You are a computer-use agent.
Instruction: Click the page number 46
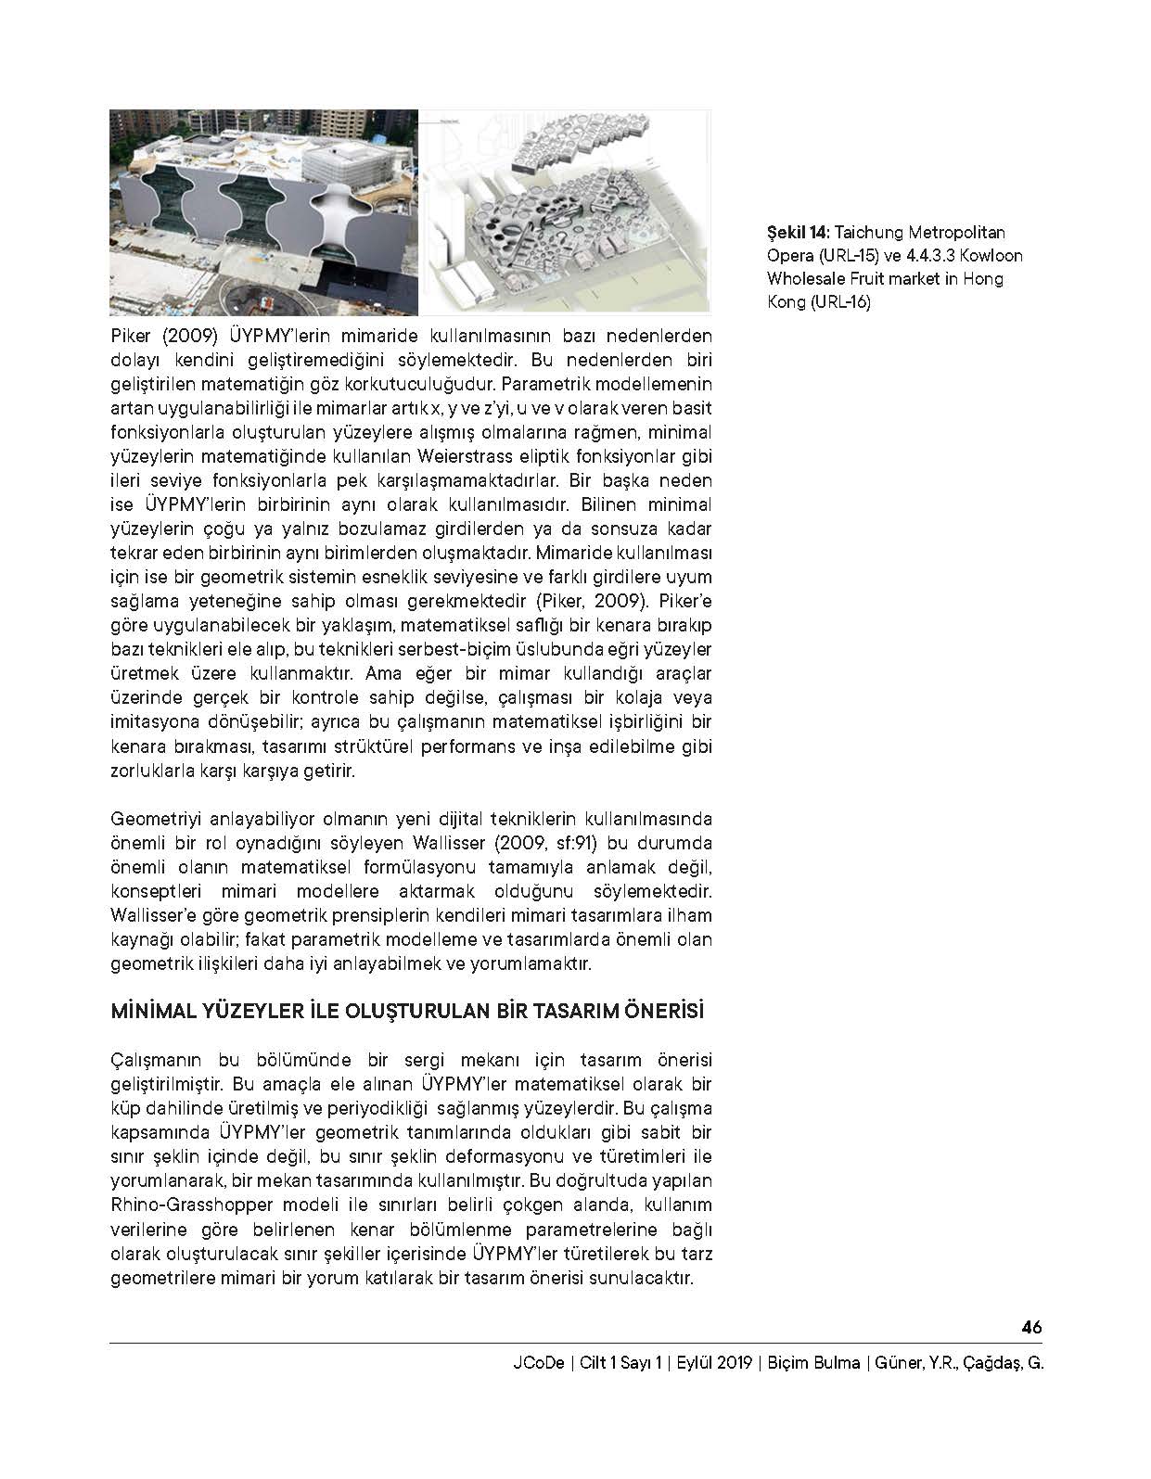tap(1031, 1327)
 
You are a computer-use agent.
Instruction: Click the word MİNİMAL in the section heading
tap(149, 1012)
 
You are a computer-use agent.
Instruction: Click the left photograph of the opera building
tap(262, 212)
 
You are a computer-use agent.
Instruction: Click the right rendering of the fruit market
tap(566, 212)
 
